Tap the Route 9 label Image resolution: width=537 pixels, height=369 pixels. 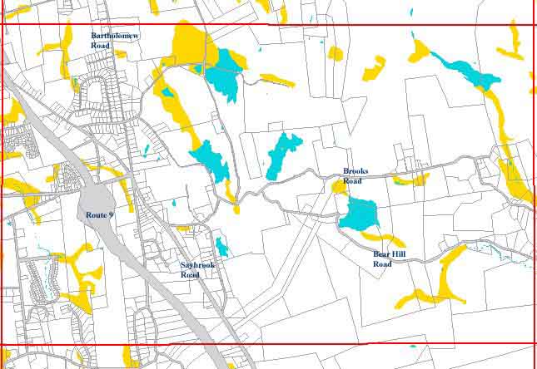pos(99,215)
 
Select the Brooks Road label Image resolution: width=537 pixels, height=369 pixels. pos(355,175)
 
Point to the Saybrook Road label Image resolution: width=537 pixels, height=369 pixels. pos(196,269)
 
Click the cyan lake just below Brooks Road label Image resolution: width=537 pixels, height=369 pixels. pos(360,214)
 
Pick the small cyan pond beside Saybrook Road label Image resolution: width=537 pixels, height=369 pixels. pos(221,247)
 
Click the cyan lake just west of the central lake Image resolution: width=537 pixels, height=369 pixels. pos(211,160)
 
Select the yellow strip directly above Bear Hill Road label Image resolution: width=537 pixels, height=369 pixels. pos(385,239)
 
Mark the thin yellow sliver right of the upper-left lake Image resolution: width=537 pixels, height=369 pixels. pos(276,81)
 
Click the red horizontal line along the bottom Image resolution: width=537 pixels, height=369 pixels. pos(266,343)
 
